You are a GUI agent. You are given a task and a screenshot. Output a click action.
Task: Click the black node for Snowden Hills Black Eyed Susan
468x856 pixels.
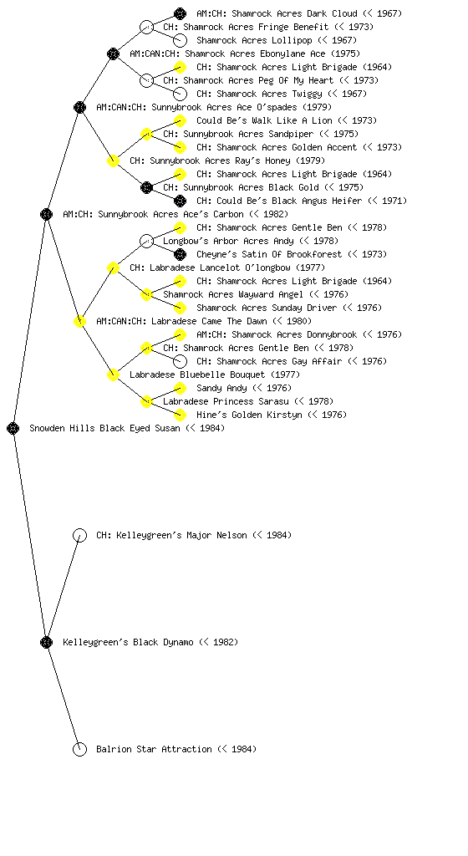click(x=13, y=428)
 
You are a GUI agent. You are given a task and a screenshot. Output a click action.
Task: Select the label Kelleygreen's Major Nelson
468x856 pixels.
click(x=181, y=535)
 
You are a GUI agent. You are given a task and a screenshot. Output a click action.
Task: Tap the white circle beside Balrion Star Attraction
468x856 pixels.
click(x=79, y=749)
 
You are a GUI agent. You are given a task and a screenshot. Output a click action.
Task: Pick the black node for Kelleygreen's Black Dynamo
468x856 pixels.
click(x=46, y=642)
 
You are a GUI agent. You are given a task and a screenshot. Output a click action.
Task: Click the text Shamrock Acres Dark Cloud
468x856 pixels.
click(x=287, y=13)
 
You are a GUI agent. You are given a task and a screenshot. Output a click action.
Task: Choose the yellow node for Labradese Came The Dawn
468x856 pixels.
click(x=79, y=321)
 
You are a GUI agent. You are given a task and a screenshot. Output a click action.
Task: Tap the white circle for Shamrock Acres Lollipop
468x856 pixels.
click(x=180, y=40)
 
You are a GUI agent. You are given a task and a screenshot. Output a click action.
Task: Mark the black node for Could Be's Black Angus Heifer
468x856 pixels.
click(x=180, y=201)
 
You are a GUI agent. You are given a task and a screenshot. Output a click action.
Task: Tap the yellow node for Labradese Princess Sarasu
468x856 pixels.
click(x=146, y=401)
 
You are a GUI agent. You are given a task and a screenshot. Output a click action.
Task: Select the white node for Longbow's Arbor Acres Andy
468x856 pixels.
click(x=146, y=241)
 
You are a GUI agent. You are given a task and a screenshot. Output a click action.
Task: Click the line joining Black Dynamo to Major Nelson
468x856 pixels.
click(x=63, y=588)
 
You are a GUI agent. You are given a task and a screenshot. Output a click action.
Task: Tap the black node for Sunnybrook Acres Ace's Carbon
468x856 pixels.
click(x=46, y=214)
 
